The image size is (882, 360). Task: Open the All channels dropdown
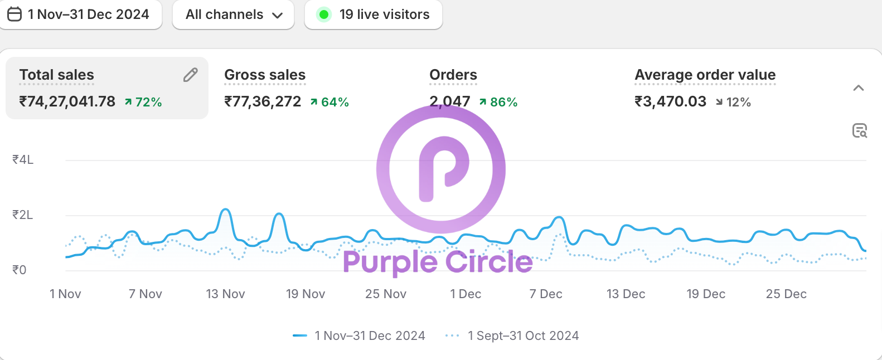tap(233, 14)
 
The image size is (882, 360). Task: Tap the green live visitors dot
tap(323, 14)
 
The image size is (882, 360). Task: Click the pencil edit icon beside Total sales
tap(191, 75)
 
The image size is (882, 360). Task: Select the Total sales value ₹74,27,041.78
tap(67, 101)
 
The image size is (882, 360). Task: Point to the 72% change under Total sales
tap(143, 102)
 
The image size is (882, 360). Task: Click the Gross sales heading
tap(265, 75)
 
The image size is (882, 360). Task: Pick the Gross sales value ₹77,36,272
tap(263, 101)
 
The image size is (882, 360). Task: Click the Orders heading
tap(453, 75)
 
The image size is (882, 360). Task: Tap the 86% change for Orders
tap(498, 102)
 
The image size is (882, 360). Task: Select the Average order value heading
tap(705, 75)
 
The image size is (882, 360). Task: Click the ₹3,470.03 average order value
tap(670, 101)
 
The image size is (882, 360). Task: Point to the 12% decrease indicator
tap(734, 102)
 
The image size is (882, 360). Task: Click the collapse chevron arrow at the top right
tap(859, 88)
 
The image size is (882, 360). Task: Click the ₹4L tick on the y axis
tap(23, 160)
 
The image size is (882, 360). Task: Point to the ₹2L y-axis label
tap(23, 215)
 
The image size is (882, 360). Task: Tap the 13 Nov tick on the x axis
tap(225, 294)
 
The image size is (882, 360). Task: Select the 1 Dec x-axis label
tap(466, 294)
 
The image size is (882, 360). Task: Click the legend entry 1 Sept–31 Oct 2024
tap(523, 335)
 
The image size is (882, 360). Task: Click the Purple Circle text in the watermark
tap(438, 262)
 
